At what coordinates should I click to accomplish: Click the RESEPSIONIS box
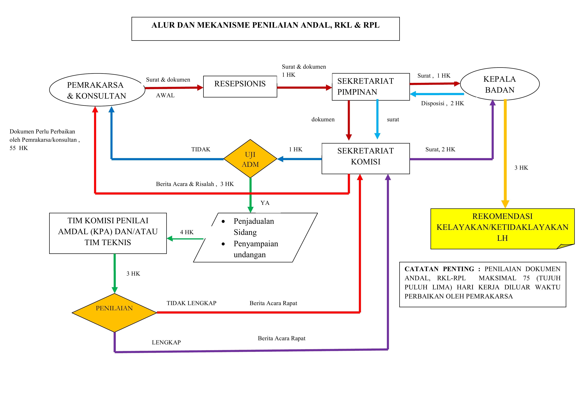coord(240,86)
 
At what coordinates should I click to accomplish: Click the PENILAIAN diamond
coord(114,313)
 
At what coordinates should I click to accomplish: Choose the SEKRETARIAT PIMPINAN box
coord(370,87)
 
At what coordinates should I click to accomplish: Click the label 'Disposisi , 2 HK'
coord(442,103)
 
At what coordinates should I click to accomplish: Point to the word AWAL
coord(165,95)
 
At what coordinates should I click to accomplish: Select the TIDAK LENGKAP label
coord(191,303)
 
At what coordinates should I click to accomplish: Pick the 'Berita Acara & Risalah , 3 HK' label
coord(195,184)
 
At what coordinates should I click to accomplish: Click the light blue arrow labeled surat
coord(377,119)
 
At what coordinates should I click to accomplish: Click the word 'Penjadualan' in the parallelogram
coord(254,221)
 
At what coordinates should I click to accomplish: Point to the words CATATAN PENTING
coord(439,269)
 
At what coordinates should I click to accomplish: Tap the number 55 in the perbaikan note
coord(13,148)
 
